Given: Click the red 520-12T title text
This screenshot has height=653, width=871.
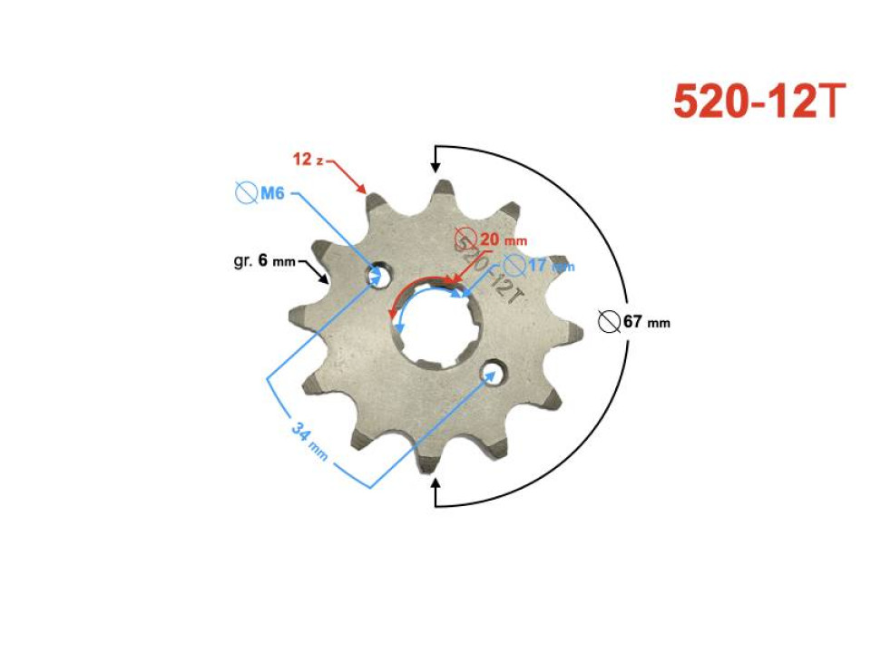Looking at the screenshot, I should click(x=758, y=103).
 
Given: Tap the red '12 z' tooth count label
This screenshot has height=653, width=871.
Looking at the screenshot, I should click(x=308, y=160).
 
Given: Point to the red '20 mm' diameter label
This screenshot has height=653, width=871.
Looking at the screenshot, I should click(x=502, y=240).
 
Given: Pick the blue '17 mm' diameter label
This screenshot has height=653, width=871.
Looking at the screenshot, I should click(x=549, y=266).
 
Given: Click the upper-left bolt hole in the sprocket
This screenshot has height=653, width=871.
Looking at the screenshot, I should click(x=379, y=274).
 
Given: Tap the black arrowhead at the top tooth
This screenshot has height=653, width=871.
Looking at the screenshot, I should click(x=436, y=166).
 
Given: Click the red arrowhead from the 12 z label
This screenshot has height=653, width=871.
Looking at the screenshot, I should click(x=365, y=191).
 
